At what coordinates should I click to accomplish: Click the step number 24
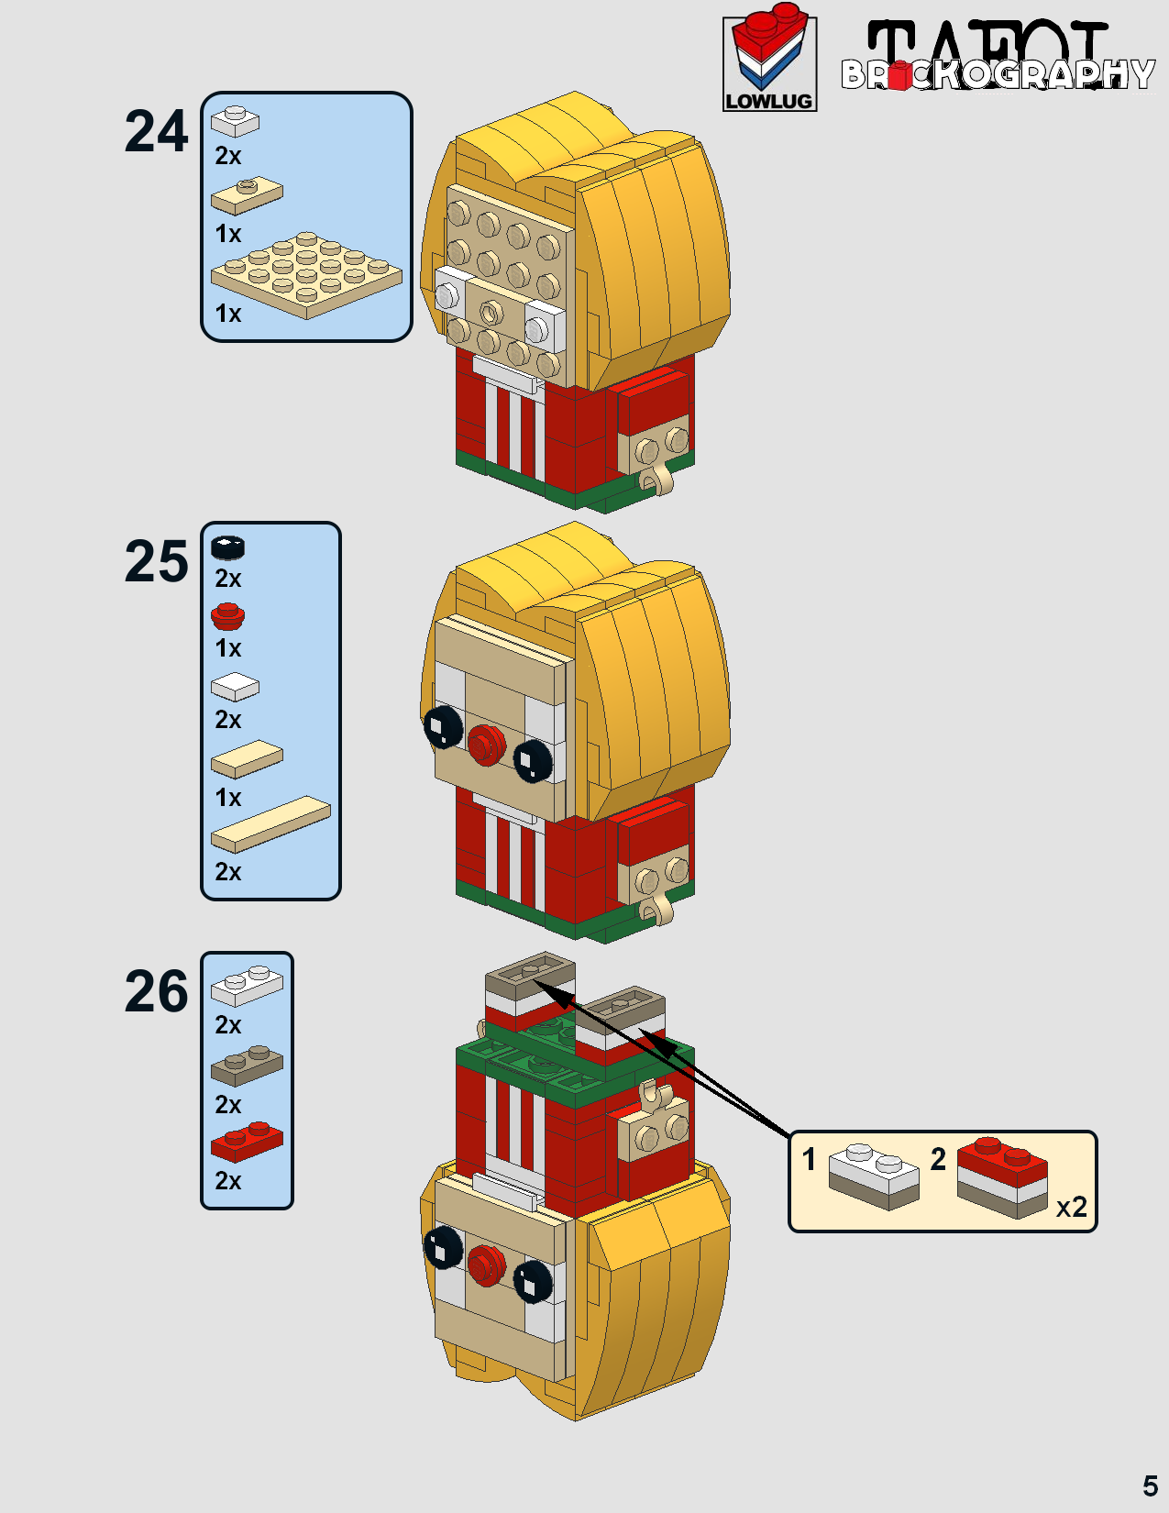tap(156, 132)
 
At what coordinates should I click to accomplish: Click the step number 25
tap(156, 561)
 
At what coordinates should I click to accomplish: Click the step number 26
tap(156, 992)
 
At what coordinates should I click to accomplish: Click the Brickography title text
tap(998, 73)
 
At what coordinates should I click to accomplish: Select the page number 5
tap(1150, 1485)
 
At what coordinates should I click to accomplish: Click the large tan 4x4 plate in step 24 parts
tap(306, 274)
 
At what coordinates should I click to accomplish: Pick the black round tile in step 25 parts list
tap(227, 547)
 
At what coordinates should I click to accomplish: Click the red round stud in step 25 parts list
tap(227, 616)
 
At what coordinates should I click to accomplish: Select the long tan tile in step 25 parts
tap(270, 823)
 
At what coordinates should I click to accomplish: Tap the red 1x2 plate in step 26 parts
tap(247, 1142)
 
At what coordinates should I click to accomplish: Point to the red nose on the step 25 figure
tap(487, 745)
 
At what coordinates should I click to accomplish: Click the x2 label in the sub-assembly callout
tap(1071, 1207)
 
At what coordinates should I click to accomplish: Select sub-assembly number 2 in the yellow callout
tap(938, 1159)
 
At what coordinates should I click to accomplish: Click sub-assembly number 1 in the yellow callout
tap(809, 1159)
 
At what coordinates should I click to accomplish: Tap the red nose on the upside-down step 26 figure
tap(487, 1265)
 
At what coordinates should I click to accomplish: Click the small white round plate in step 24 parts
tap(235, 120)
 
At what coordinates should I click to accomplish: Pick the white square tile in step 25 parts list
tap(235, 686)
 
